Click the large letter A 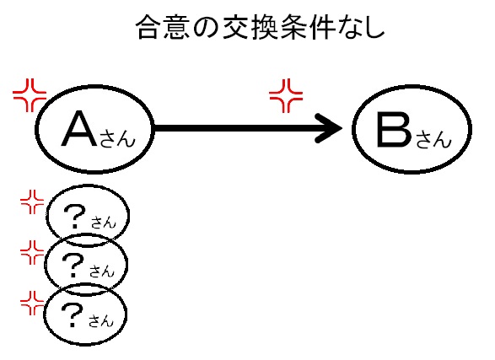(79, 128)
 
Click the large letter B (395, 130)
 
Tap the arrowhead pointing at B (329, 128)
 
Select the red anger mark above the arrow (286, 95)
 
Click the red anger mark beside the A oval (30, 95)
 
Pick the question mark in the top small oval (74, 216)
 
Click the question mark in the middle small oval (73, 266)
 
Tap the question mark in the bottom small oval (72, 314)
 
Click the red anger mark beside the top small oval (32, 202)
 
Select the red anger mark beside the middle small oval (32, 252)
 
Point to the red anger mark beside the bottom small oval (32, 303)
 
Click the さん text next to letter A (117, 139)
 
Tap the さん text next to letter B (433, 140)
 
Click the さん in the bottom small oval (101, 321)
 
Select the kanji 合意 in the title (164, 27)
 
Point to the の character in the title (206, 28)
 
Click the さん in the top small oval (104, 223)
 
